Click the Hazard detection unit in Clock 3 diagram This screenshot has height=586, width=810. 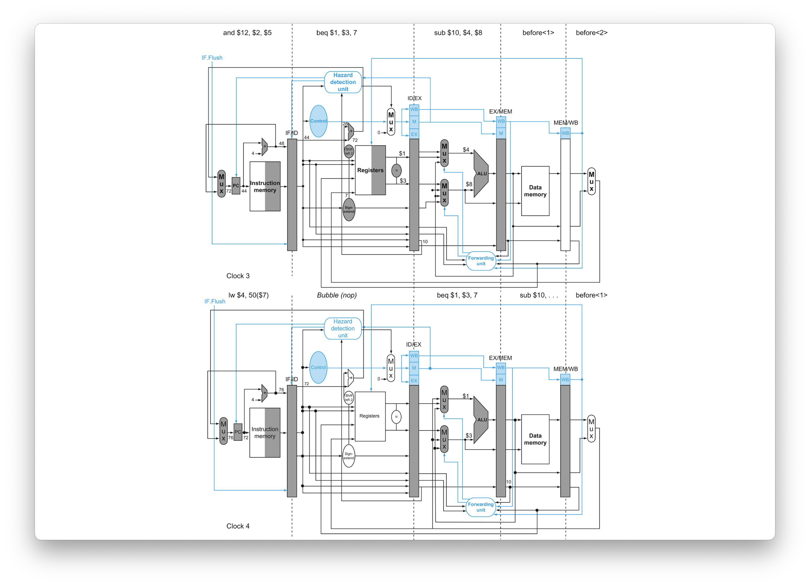pos(343,82)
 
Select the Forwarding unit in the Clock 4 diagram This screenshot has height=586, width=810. pos(481,507)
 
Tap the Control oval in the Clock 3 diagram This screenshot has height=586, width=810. pos(318,121)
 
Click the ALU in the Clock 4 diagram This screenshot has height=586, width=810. pos(481,420)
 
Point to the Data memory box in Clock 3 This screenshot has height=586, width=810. pos(535,191)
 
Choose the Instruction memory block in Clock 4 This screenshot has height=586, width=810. pos(265,433)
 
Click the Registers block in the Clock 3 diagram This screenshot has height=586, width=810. pos(370,170)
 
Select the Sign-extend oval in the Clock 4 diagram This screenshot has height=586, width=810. pos(349,456)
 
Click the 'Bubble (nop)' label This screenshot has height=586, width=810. pos(337,295)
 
